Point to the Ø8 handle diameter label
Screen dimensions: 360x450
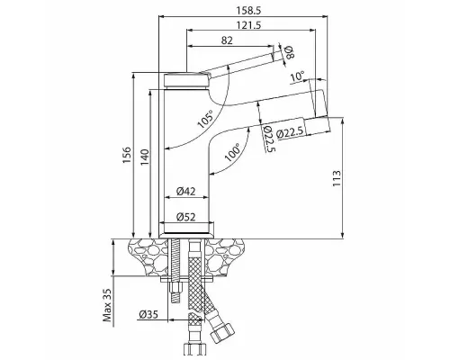click(x=289, y=53)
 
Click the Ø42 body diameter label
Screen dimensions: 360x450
click(x=186, y=190)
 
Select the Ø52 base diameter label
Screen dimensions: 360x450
click(x=186, y=216)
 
